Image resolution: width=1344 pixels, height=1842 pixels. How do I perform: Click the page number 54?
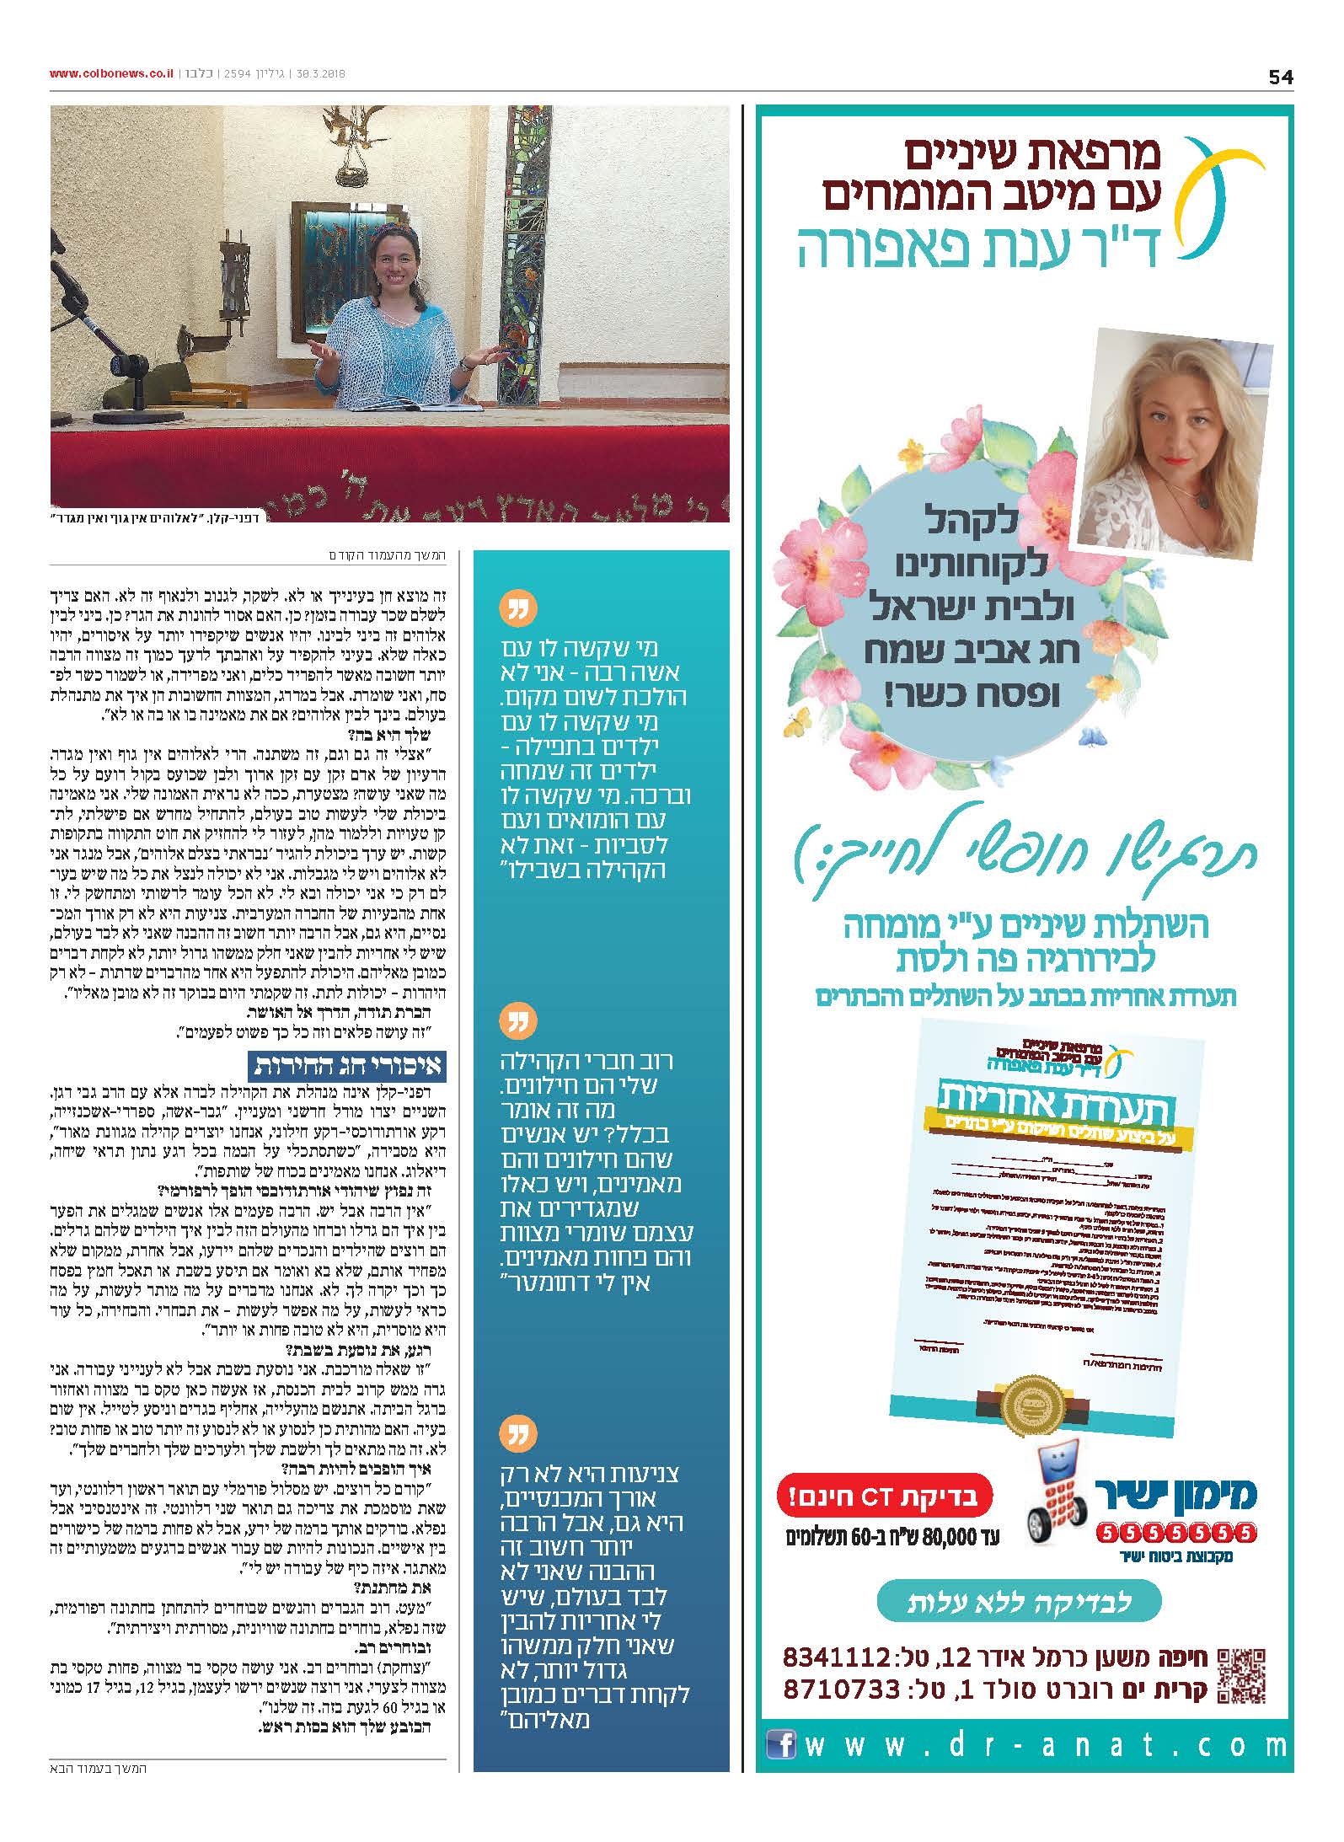point(1280,77)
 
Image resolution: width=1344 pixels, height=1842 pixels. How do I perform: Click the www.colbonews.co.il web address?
point(110,74)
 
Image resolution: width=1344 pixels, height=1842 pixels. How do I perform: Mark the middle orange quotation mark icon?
point(517,1022)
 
